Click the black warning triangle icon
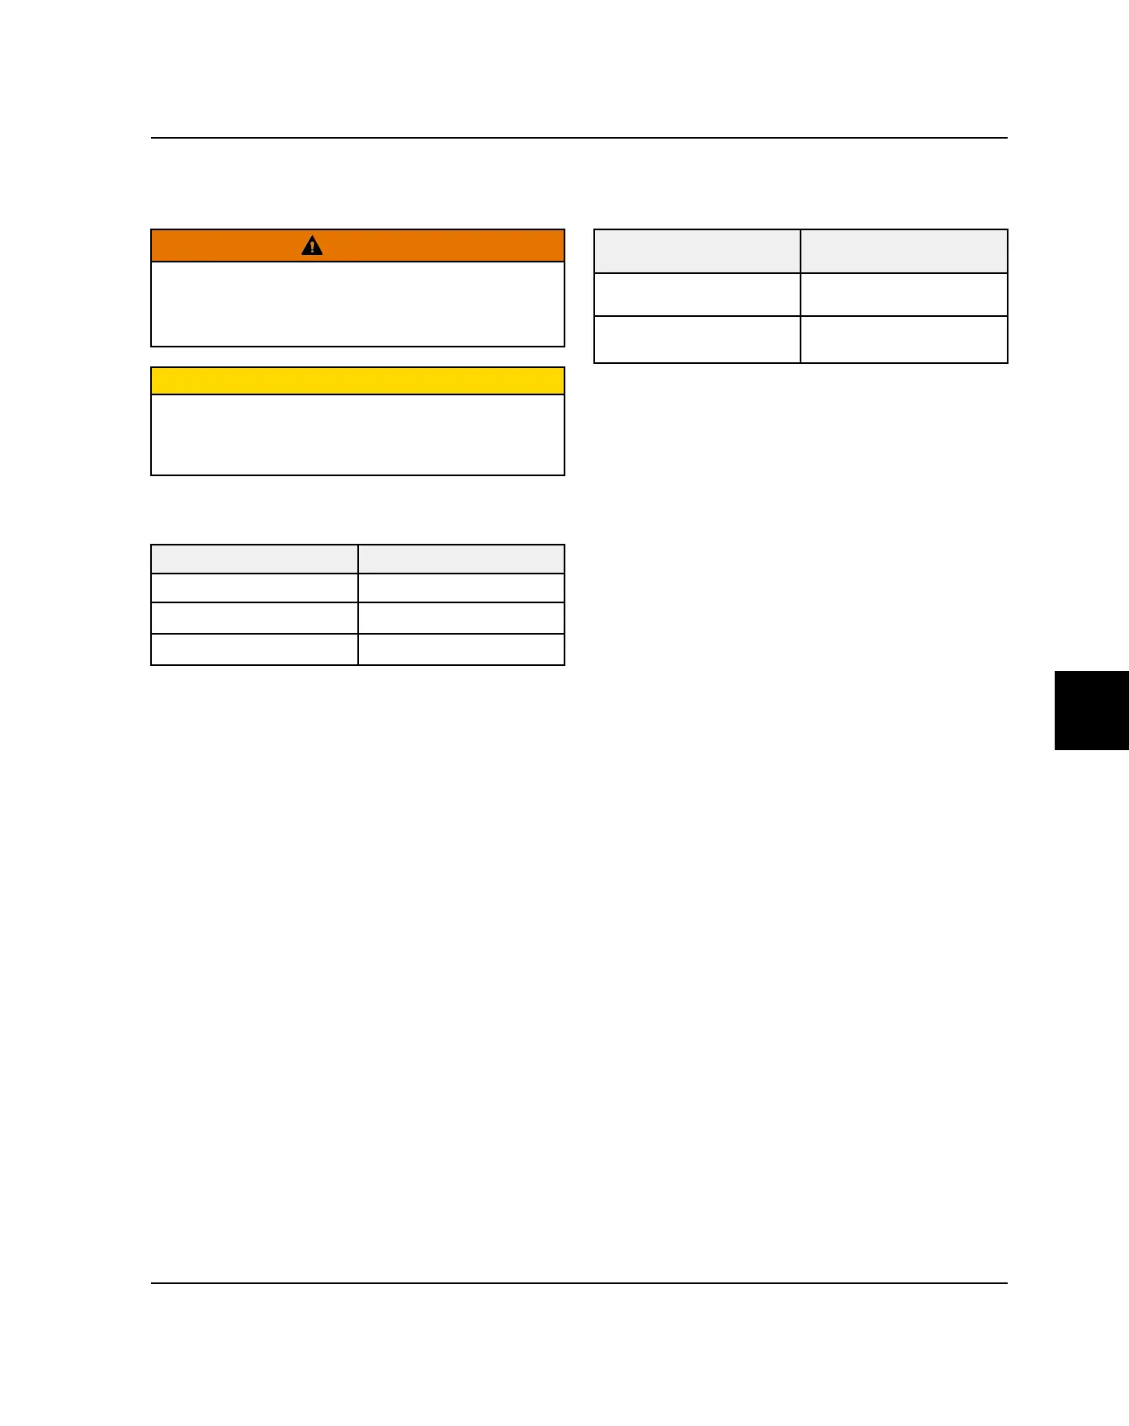tap(312, 245)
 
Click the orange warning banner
tap(429, 246)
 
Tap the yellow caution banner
tap(357, 381)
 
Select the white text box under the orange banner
tap(357, 304)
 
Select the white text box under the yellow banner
tap(357, 434)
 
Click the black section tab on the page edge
tap(1091, 711)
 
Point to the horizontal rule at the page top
tap(579, 138)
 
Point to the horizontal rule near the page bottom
tap(579, 1283)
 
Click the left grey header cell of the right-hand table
tap(697, 251)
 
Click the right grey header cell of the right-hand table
tap(904, 251)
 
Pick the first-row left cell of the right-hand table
tap(697, 295)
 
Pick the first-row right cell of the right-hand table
tap(904, 295)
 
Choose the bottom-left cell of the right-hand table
tap(697, 339)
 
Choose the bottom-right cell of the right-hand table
tap(904, 339)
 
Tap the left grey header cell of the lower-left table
tap(254, 560)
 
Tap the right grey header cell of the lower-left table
tap(461, 560)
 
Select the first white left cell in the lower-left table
tap(254, 588)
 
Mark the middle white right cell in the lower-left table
tap(461, 618)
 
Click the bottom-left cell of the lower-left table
tap(254, 649)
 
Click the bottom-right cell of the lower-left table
tap(461, 649)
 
